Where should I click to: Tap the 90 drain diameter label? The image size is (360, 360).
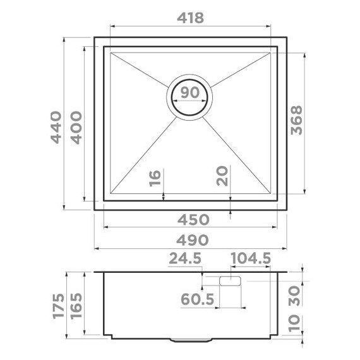[x=189, y=92]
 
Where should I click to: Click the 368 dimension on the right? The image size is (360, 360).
[x=296, y=120]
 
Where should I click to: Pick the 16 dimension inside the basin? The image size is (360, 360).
[x=156, y=179]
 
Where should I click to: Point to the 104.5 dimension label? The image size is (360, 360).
[x=251, y=259]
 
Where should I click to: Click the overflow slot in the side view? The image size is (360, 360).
[x=230, y=280]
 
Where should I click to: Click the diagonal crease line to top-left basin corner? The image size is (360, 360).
[x=139, y=69]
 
